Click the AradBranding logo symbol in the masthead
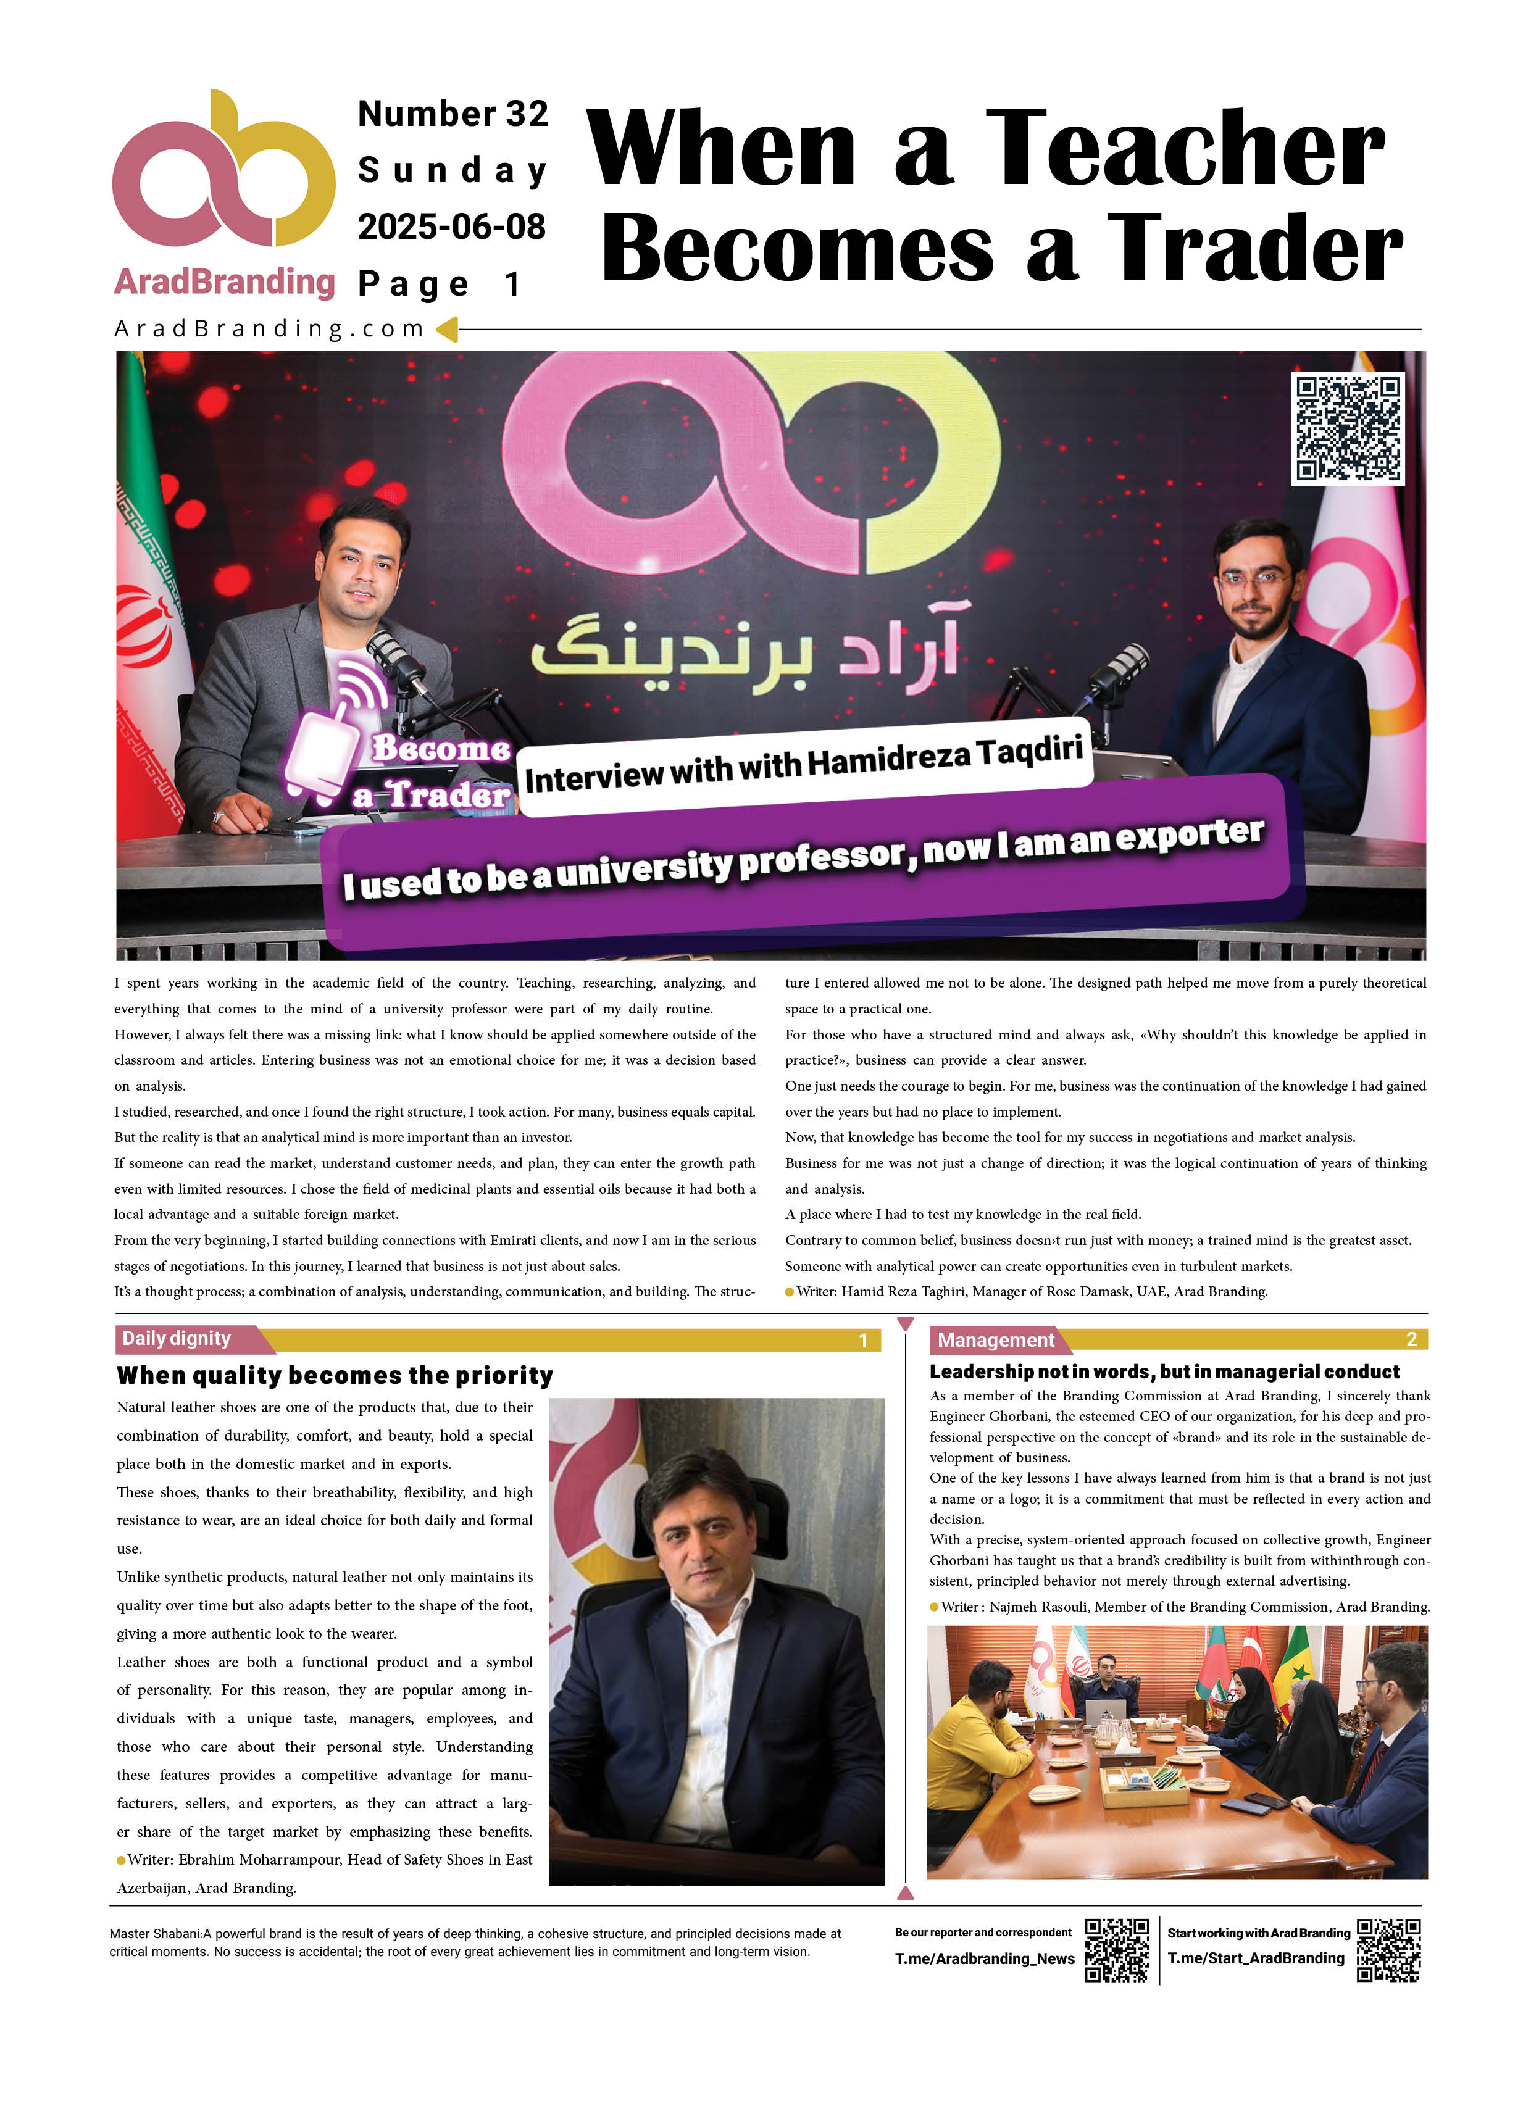point(223,172)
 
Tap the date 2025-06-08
point(451,227)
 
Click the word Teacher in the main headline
point(1184,149)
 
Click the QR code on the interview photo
point(1346,429)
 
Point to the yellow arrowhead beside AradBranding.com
point(448,328)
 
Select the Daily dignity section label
point(177,1339)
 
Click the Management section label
point(995,1339)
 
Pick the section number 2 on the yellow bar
point(1410,1339)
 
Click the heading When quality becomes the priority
point(335,1376)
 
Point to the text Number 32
point(453,114)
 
